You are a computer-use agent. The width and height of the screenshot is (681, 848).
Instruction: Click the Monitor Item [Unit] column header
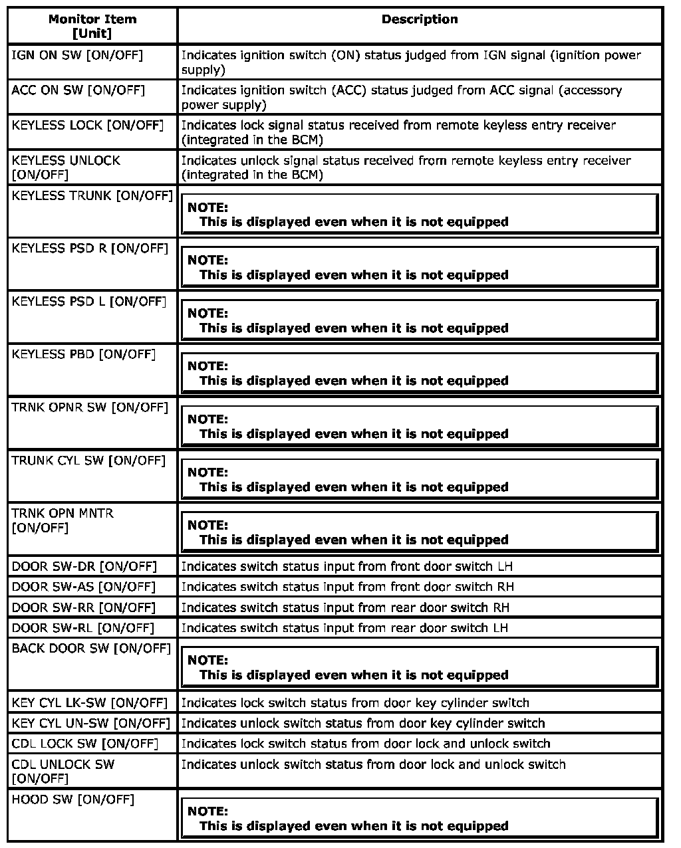[x=92, y=26]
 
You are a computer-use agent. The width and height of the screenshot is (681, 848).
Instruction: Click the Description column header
[x=420, y=19]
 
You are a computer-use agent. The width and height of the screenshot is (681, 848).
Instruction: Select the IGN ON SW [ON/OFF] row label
[x=77, y=55]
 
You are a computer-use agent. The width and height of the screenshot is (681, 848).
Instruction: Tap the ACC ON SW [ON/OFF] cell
[x=78, y=90]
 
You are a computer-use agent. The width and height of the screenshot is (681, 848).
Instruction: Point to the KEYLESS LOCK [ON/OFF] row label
[x=87, y=125]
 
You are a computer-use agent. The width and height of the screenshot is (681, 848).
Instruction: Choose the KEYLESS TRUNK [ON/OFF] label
[x=92, y=195]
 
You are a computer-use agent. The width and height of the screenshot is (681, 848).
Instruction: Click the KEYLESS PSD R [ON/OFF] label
[x=90, y=249]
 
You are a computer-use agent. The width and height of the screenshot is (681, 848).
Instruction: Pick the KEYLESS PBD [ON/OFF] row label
[x=83, y=354]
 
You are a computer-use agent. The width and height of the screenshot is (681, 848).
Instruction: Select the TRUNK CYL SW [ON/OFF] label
[x=88, y=460]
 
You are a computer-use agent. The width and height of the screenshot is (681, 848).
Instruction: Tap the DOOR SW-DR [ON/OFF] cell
[x=84, y=566]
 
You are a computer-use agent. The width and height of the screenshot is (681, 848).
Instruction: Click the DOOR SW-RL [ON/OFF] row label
[x=82, y=627]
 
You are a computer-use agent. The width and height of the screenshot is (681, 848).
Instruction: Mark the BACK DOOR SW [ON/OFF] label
[x=91, y=648]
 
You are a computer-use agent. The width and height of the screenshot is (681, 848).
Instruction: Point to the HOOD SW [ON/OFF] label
[x=72, y=799]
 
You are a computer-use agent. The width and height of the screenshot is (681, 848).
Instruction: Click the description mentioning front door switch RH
[x=347, y=587]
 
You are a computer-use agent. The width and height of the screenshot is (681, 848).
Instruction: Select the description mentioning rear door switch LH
[x=344, y=627]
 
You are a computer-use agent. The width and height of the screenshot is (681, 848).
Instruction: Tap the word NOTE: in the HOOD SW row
[x=207, y=811]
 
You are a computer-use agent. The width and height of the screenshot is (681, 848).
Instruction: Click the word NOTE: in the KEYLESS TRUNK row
[x=207, y=207]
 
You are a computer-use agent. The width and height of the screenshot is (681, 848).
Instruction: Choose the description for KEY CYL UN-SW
[x=362, y=723]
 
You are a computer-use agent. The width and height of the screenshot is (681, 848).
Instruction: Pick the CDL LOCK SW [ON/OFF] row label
[x=84, y=743]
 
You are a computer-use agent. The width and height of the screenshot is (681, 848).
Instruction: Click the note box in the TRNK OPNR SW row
[x=419, y=426]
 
